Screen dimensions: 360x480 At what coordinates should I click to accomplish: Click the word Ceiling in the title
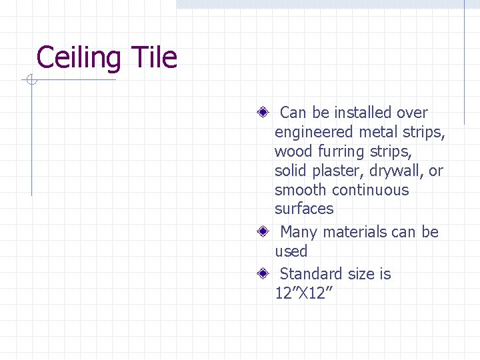click(x=78, y=58)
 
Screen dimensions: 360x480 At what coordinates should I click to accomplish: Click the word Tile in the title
click(x=154, y=58)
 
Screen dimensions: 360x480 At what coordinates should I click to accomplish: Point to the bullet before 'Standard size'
click(x=265, y=273)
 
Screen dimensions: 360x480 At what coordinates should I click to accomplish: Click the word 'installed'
click(x=363, y=113)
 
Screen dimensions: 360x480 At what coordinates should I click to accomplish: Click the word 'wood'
click(x=291, y=151)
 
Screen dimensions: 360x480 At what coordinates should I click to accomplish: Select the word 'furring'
click(x=337, y=152)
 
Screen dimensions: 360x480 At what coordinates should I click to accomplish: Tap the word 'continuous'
click(x=370, y=190)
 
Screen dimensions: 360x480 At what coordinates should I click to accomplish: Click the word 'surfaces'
click(x=304, y=209)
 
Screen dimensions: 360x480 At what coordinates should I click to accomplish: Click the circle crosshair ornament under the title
click(x=31, y=81)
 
